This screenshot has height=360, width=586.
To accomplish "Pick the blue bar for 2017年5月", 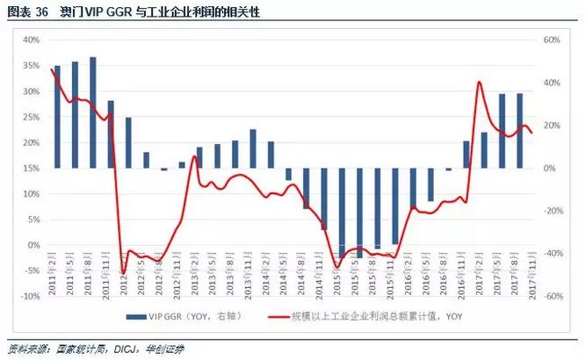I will [502, 131].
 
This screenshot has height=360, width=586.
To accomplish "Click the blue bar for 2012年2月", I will [129, 142].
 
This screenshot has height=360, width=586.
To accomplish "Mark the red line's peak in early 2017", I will [479, 83].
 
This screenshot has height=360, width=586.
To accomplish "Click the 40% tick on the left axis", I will [30, 40].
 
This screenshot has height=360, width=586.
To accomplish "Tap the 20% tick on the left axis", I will [30, 142].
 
